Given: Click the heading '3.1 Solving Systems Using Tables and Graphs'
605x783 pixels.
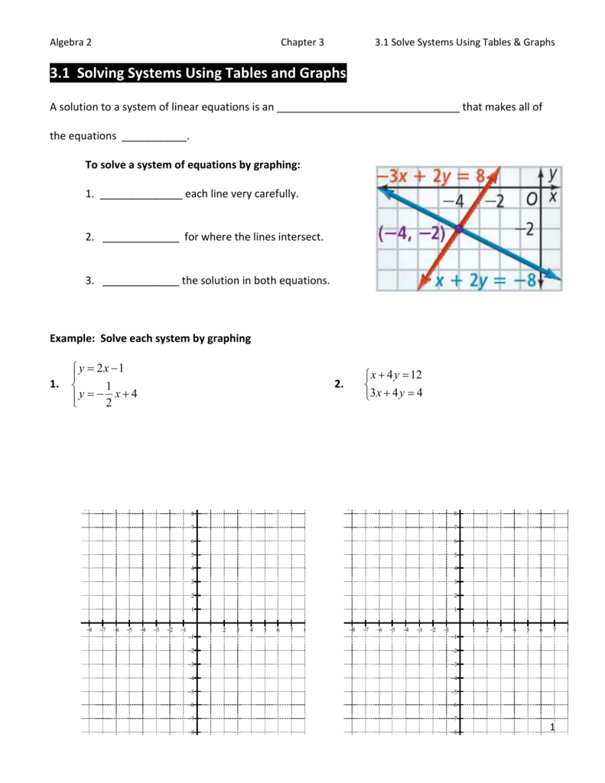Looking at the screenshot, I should coord(198,73).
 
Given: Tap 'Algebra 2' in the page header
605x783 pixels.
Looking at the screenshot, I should coord(71,42).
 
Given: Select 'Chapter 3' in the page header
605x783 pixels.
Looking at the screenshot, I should coord(302,42).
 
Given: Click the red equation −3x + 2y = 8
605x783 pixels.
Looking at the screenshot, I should coord(430,177).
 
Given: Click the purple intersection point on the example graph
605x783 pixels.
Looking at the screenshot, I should coord(458,229).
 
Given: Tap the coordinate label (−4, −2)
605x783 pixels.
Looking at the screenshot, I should coord(411,232).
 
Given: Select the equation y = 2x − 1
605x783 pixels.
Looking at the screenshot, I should coord(100,369).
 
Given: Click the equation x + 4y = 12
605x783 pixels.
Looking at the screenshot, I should coord(395,375).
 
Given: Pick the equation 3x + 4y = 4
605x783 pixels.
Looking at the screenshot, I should coord(395,393).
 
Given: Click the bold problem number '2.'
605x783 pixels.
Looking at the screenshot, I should coord(339,385).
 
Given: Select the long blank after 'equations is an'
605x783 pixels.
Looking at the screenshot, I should coord(367,108).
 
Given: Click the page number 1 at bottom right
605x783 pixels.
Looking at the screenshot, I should coord(551,726).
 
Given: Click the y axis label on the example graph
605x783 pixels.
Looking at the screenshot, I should coord(553,177).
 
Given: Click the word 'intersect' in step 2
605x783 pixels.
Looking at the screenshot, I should coord(304,237).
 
